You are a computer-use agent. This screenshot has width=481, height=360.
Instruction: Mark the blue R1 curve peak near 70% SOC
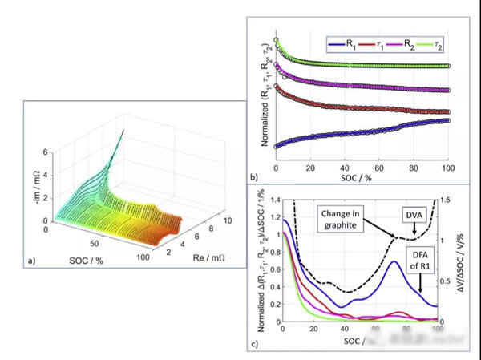(x=394, y=261)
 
